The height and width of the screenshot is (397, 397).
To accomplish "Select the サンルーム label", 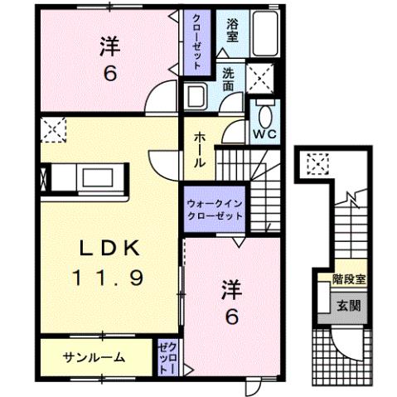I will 94,358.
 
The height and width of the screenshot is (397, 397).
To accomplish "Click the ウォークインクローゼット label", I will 214,207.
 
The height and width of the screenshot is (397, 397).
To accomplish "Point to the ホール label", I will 200,149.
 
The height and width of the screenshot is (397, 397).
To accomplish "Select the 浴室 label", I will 233,31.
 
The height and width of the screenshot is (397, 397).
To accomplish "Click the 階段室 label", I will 347,280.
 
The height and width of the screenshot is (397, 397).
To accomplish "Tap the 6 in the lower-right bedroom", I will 233,317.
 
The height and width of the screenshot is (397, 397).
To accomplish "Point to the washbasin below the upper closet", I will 198,93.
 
